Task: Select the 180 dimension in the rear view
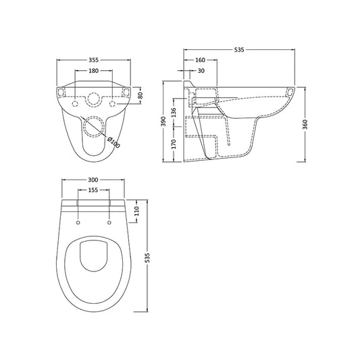tap(93, 71)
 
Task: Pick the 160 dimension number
tap(200, 60)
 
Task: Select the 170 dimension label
tap(174, 144)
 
